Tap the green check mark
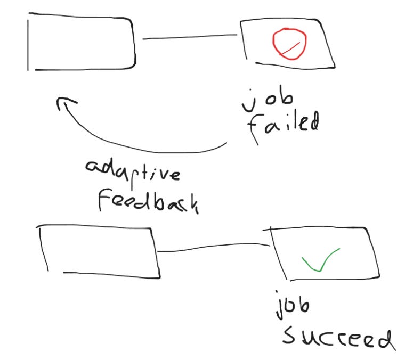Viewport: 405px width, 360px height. point(320,259)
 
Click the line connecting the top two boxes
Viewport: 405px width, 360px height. point(189,37)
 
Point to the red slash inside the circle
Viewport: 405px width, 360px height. point(290,48)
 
